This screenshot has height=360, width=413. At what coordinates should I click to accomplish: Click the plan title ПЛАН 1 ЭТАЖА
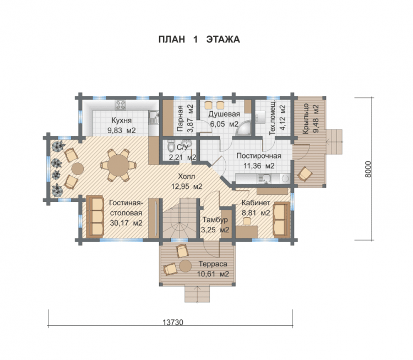(x=199, y=40)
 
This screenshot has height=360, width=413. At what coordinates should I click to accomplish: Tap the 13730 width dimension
(x=172, y=323)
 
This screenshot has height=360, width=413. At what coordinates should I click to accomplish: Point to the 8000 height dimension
(x=368, y=169)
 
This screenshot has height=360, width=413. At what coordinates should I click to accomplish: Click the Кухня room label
(x=122, y=121)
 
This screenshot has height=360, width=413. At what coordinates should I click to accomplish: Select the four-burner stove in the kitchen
(x=121, y=105)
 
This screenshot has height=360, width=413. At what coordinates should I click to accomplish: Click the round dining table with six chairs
(x=118, y=165)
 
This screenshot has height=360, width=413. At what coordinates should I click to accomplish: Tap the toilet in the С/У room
(x=171, y=146)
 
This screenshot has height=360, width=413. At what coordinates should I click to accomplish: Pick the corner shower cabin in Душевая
(x=243, y=128)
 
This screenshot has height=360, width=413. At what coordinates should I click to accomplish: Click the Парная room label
(x=180, y=118)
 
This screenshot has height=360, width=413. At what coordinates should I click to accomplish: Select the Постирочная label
(x=259, y=156)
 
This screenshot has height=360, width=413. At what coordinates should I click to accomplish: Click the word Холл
(x=187, y=176)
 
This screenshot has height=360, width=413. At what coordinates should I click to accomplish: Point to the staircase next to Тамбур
(x=180, y=219)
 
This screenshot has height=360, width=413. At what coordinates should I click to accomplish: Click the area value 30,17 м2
(x=126, y=223)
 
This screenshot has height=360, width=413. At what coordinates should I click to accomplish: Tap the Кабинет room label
(x=256, y=203)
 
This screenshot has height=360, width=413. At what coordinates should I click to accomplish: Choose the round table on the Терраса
(x=186, y=266)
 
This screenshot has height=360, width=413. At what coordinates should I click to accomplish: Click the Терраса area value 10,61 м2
(x=213, y=274)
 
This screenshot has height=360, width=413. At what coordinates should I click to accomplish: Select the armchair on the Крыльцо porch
(x=305, y=174)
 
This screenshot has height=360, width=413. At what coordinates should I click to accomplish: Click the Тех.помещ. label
(x=273, y=117)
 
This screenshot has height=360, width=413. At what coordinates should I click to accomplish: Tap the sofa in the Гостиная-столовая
(x=95, y=216)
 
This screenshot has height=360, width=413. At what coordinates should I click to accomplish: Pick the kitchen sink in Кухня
(x=153, y=117)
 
